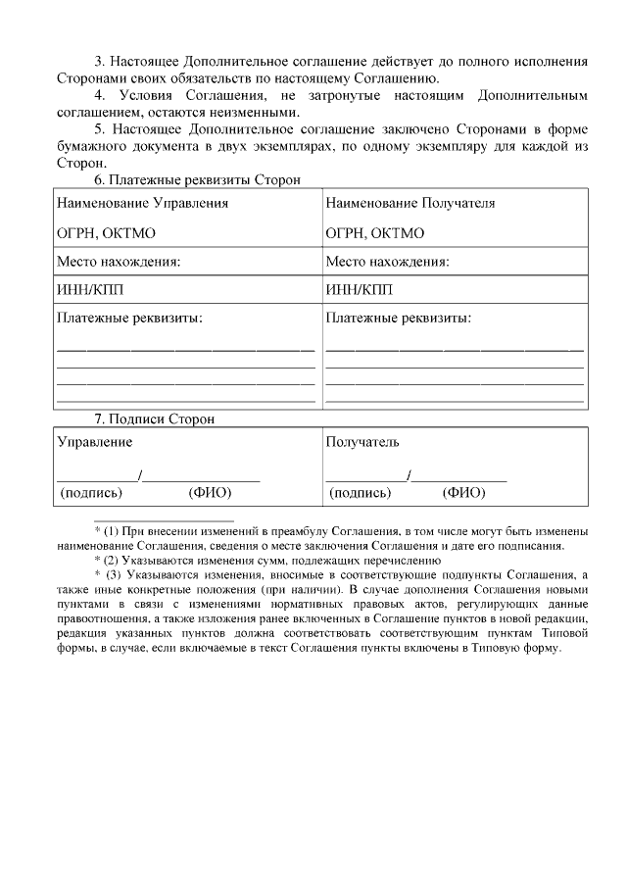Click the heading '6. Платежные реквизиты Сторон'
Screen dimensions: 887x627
pyautogui.click(x=197, y=179)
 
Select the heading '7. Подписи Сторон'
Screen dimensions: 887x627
pyautogui.click(x=154, y=419)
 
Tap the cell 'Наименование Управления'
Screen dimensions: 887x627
pyautogui.click(x=142, y=204)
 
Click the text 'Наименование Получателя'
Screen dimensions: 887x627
pyautogui.click(x=410, y=204)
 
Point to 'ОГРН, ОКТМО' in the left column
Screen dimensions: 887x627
pyautogui.click(x=106, y=233)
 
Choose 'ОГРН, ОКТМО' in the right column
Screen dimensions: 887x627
pyautogui.click(x=374, y=233)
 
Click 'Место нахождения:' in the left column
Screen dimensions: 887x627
pyautogui.click(x=119, y=262)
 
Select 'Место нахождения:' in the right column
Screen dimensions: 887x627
pyautogui.click(x=387, y=262)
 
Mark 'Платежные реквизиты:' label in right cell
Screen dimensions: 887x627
pyautogui.click(x=398, y=319)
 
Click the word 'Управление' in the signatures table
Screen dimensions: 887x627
pyautogui.click(x=94, y=443)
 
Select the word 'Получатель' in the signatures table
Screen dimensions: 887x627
pyautogui.click(x=362, y=443)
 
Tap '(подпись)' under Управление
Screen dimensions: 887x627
pyautogui.click(x=92, y=492)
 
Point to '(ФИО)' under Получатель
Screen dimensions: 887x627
pyautogui.click(x=463, y=492)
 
